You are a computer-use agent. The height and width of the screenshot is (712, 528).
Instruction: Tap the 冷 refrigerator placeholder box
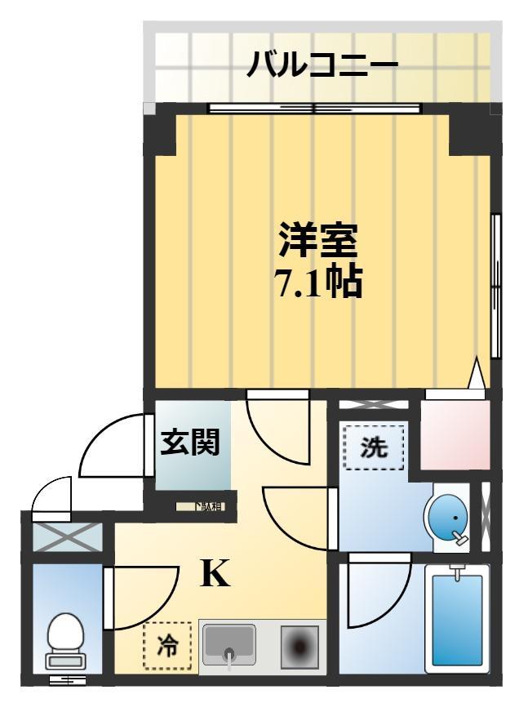pyautogui.click(x=167, y=645)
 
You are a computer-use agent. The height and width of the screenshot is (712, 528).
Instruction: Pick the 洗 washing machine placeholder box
pyautogui.click(x=374, y=447)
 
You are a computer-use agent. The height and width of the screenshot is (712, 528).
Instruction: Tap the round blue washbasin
pyautogui.click(x=446, y=518)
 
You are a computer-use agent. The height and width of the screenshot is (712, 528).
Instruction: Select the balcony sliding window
pyautogui.click(x=315, y=108)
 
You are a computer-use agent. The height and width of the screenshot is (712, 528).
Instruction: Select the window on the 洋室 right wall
pyautogui.click(x=495, y=285)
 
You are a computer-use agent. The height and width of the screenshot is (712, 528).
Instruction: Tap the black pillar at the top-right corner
pyautogui.click(x=469, y=132)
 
